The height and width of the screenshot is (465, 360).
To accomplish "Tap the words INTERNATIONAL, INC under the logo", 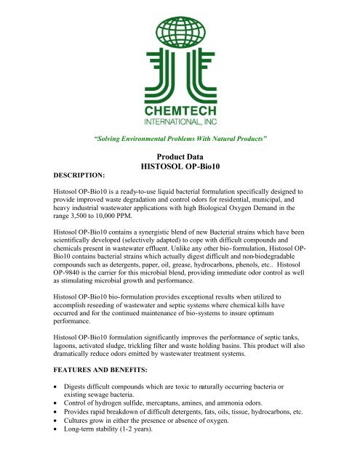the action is (180, 121).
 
